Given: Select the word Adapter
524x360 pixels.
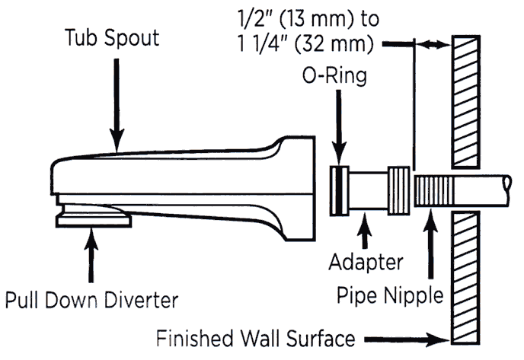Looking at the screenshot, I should (x=366, y=263).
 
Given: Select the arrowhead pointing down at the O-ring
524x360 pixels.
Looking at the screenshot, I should (x=338, y=155).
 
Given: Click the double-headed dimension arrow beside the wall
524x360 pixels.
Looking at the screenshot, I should (x=431, y=46).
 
